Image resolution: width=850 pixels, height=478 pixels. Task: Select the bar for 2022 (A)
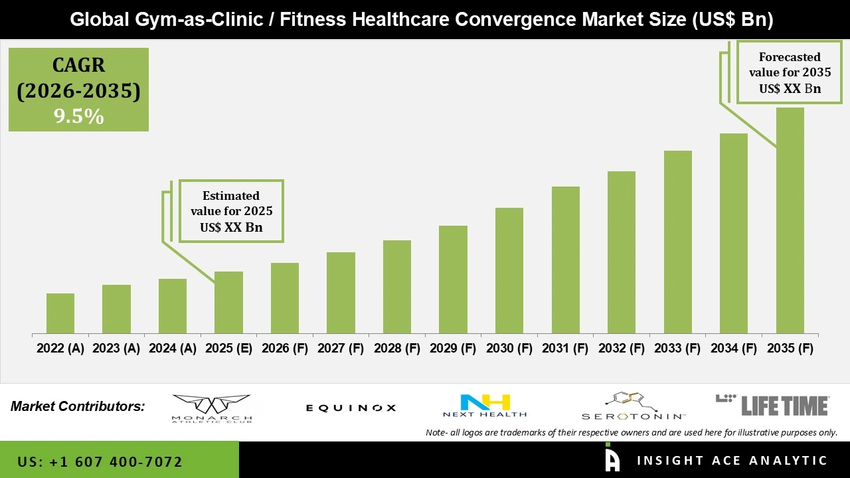pos(60,313)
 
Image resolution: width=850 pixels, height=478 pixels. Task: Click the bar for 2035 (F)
pos(790,220)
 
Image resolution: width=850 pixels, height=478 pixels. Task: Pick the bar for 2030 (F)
pos(509,270)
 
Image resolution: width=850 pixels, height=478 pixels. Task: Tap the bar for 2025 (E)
pos(228,302)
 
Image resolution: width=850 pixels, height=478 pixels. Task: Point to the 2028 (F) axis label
pos(397,349)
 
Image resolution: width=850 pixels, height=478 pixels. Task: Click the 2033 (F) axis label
pos(677,349)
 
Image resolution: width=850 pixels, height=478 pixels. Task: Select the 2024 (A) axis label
pos(173,349)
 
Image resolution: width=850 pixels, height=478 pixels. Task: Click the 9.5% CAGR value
pos(78,117)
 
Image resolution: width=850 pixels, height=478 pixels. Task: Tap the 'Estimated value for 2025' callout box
pos(231,211)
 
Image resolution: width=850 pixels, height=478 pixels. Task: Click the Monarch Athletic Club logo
pos(212,408)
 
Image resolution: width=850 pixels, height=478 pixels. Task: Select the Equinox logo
pos(351,408)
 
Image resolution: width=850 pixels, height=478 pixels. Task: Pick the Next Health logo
pos(485,406)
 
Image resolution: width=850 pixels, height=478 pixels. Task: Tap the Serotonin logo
pos(633,406)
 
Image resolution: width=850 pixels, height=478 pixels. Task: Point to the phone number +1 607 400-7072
pos(100,461)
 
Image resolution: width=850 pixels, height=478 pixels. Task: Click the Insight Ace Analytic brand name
pos(732,461)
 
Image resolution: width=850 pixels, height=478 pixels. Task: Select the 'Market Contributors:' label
pos(78,406)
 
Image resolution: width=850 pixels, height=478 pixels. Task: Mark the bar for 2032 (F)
pos(622,252)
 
